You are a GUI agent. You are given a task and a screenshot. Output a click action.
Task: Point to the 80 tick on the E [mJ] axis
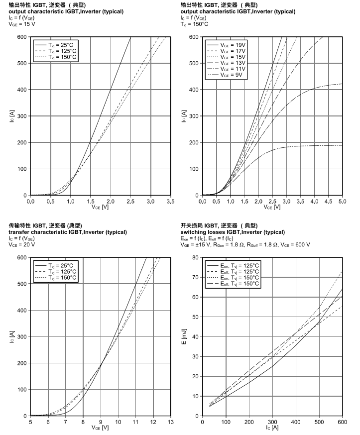[195, 257]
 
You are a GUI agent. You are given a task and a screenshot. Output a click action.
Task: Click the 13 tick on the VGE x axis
[170, 422]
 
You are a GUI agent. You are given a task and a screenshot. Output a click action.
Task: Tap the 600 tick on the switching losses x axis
[342, 422]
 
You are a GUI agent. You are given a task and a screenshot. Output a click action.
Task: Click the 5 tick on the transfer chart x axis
[31, 422]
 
